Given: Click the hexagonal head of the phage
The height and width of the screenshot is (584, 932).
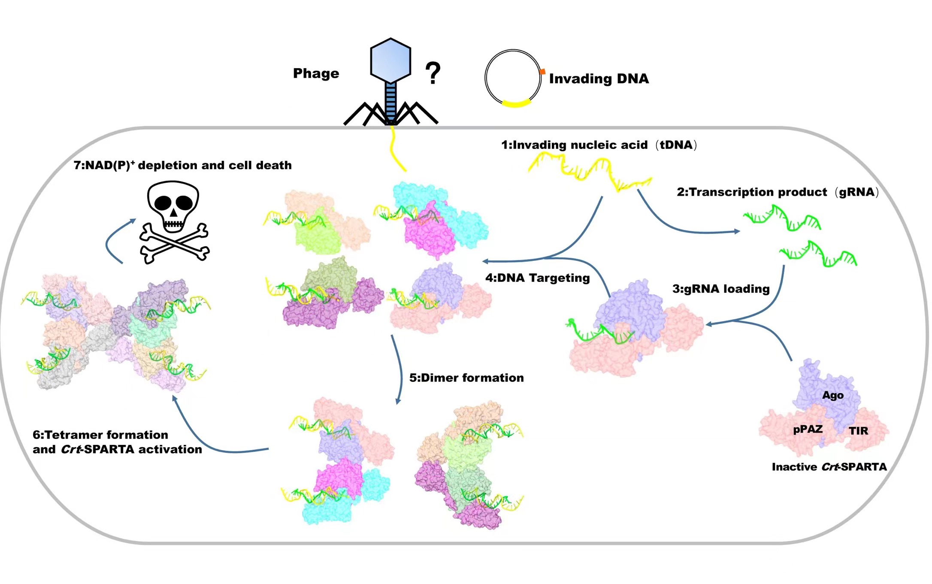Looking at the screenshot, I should pyautogui.click(x=390, y=60).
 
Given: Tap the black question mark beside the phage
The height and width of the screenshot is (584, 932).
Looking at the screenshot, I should pyautogui.click(x=433, y=73).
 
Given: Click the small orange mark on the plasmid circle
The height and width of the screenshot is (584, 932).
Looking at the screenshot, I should pyautogui.click(x=542, y=72).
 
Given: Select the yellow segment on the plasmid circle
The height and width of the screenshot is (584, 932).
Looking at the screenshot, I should pyautogui.click(x=516, y=103).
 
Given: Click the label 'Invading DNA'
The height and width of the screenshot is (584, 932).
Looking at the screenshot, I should pyautogui.click(x=599, y=79).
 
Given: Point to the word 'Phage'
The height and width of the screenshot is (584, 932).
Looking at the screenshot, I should pyautogui.click(x=316, y=73).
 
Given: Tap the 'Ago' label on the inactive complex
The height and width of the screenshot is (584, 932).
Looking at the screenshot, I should pyautogui.click(x=832, y=395).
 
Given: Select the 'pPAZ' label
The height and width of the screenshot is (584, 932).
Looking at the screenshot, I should pyautogui.click(x=808, y=429).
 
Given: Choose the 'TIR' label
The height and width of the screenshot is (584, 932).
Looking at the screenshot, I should pyautogui.click(x=858, y=431).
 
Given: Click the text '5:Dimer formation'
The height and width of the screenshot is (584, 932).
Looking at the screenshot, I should pyautogui.click(x=466, y=378).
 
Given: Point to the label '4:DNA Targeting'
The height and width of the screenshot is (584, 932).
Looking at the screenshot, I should pyautogui.click(x=538, y=278).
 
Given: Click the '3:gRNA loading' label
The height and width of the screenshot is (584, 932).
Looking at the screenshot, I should pyautogui.click(x=721, y=289).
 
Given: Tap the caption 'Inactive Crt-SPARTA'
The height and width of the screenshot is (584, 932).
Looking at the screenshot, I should pyautogui.click(x=829, y=467).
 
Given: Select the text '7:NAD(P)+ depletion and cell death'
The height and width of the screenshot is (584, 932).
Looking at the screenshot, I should pyautogui.click(x=182, y=165).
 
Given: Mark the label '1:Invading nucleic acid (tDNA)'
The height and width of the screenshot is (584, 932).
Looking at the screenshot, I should pyautogui.click(x=599, y=145).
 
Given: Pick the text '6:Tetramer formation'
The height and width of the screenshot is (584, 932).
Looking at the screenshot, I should pyautogui.click(x=100, y=435).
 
